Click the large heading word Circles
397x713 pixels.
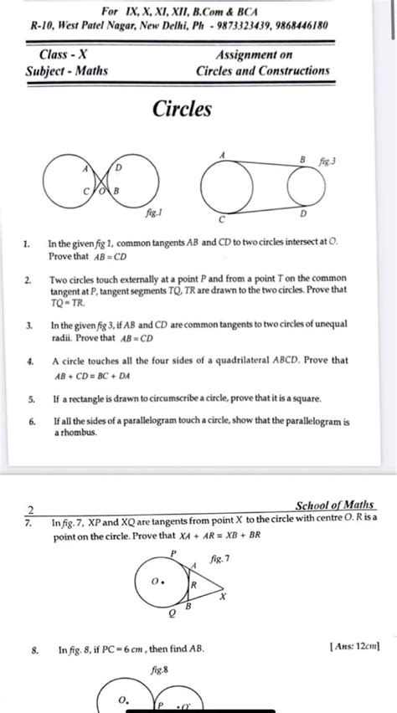point(183,109)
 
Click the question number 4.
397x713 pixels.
point(29,361)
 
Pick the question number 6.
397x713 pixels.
point(29,422)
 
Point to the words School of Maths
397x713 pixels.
point(335,505)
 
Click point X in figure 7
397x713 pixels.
point(222,597)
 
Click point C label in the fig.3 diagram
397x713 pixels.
point(222,219)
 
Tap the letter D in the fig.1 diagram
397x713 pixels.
point(118,168)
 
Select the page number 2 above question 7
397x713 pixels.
point(31,510)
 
